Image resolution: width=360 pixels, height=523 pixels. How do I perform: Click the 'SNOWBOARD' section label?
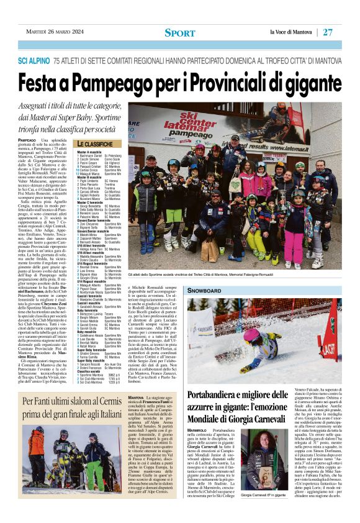205,290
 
